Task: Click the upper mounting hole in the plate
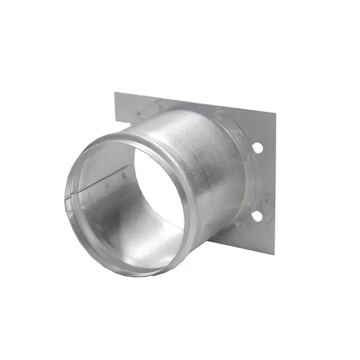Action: pos(256,147)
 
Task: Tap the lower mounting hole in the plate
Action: pos(256,215)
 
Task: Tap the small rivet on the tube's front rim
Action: pos(69,208)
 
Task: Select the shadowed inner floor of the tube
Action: pos(129,236)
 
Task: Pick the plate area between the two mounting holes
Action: pos(260,181)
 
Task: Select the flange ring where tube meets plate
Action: pos(239,169)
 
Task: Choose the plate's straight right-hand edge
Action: pos(275,180)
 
